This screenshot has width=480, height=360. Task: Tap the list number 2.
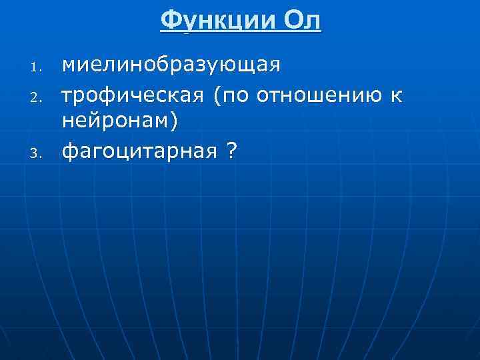(37, 99)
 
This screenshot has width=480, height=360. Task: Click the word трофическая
(133, 96)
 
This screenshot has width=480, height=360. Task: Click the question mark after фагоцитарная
(231, 152)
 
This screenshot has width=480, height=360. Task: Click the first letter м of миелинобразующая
(69, 67)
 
